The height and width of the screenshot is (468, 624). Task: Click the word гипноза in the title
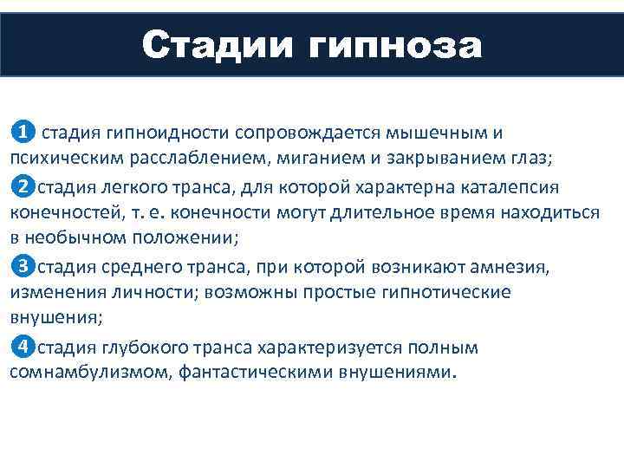click(393, 45)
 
